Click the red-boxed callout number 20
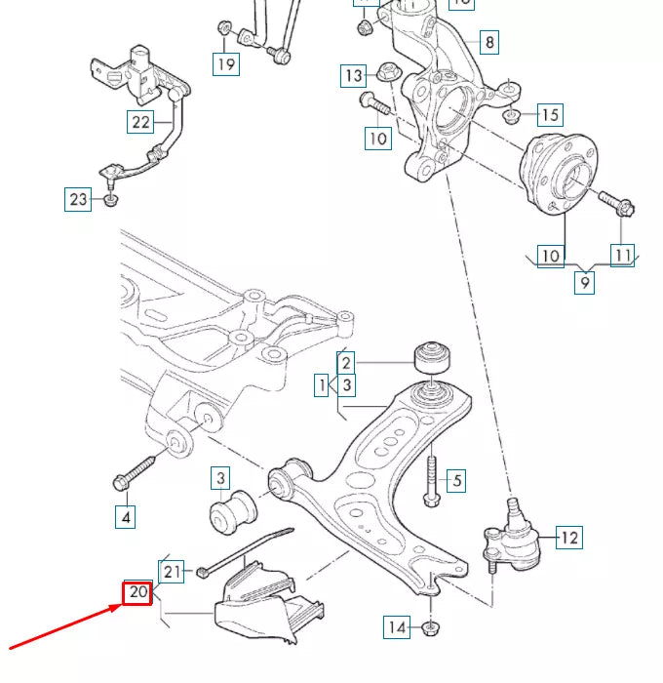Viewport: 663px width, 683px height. (137, 592)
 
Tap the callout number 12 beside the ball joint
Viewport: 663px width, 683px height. (568, 537)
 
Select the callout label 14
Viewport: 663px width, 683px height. (397, 627)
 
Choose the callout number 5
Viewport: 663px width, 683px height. (456, 480)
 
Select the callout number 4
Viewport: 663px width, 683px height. (125, 516)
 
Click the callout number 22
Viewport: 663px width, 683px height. (140, 122)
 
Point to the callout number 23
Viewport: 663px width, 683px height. (78, 200)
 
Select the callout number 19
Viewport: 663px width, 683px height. (226, 64)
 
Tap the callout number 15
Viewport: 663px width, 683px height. (549, 115)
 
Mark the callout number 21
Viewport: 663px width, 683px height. (172, 571)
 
